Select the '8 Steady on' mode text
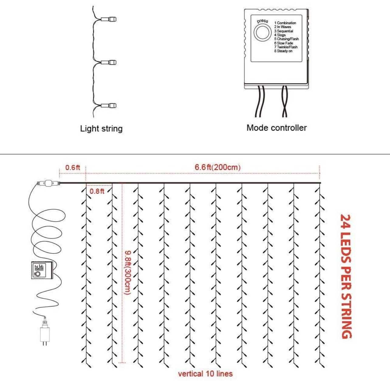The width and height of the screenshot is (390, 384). [283, 51]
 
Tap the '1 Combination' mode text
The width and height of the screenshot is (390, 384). [285, 23]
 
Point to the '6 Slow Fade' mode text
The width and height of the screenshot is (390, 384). [284, 43]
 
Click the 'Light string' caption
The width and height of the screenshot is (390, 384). [101, 129]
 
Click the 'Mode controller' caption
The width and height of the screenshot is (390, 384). [276, 128]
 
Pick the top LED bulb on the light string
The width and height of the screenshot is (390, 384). [109, 19]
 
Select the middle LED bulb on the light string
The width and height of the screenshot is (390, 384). [109, 63]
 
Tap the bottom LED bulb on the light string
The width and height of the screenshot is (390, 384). [109, 106]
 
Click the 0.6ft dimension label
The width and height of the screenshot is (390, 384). [73, 168]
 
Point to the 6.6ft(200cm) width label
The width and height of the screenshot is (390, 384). [217, 167]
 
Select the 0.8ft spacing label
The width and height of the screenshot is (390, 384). [97, 191]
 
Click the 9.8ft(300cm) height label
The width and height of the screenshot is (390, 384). [128, 272]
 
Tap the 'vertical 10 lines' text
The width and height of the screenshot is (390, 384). [205, 374]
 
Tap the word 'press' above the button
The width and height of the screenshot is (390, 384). [262, 21]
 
